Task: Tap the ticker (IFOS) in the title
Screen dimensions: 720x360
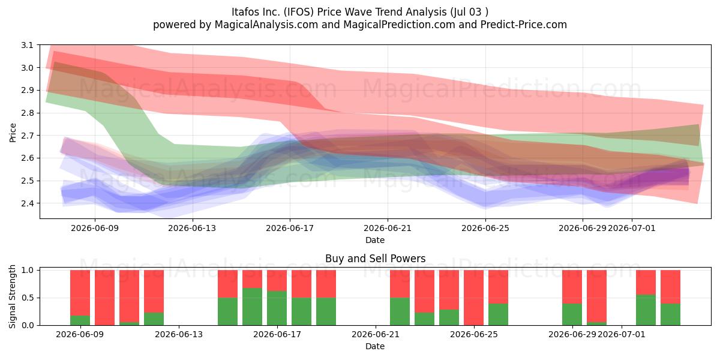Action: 298,12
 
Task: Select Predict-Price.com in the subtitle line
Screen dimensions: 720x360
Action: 524,25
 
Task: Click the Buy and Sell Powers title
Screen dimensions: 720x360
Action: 375,259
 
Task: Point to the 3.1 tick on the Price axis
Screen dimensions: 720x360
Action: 28,45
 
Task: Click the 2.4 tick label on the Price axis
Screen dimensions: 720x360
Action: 28,203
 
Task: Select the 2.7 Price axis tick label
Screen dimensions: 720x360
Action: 28,136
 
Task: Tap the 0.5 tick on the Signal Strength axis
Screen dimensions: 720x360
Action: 28,298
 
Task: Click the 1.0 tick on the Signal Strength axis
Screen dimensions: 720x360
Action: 28,270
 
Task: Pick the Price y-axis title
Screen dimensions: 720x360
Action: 13,133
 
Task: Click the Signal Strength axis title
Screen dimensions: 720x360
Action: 12,296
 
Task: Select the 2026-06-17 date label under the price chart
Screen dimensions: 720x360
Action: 290,228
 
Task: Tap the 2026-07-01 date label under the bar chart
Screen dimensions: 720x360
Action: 622,334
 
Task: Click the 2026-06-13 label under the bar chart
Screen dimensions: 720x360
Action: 179,334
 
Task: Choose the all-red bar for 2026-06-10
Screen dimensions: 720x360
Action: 104,298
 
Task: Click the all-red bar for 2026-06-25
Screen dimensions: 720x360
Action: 473,298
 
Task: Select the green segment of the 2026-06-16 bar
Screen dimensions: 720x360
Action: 253,307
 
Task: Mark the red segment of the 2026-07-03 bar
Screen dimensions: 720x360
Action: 670,287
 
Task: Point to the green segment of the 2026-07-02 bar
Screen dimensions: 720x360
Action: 646,310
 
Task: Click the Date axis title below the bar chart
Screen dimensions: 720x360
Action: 375,346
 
